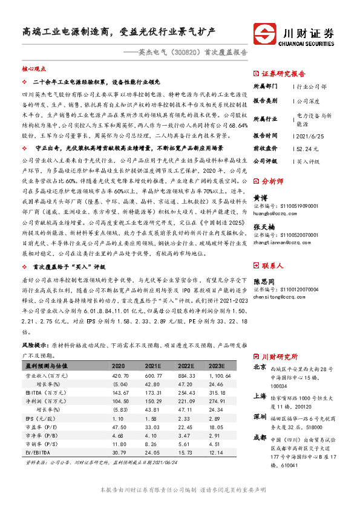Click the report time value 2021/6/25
point(312,135)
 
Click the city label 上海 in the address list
point(260,397)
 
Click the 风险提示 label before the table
point(35,344)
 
